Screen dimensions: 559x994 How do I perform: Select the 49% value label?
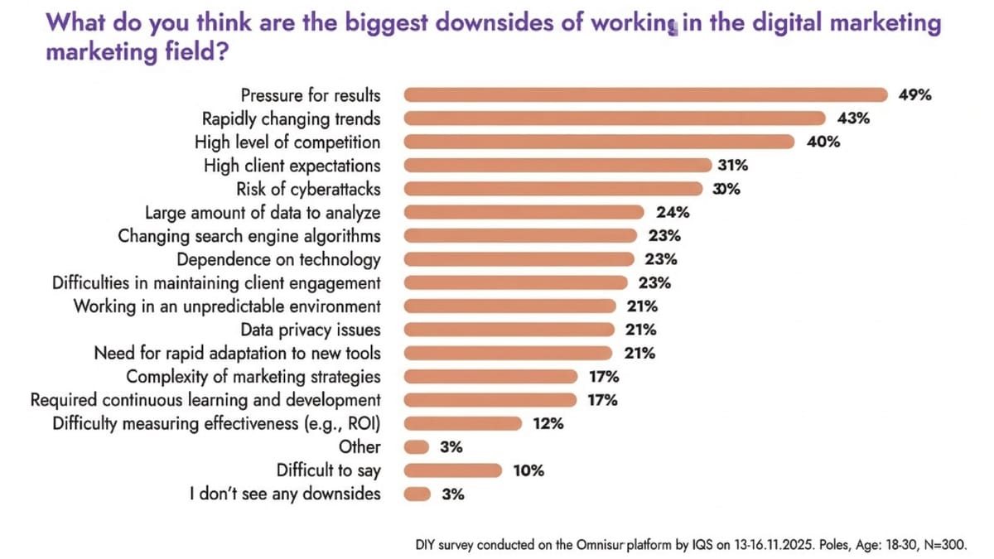[914, 94]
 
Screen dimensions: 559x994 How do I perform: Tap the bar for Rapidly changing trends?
[615, 118]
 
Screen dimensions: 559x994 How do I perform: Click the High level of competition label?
[287, 142]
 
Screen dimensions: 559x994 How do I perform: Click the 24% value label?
[673, 212]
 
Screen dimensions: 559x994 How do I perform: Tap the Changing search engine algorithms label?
[249, 235]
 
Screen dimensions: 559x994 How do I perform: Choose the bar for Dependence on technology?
[520, 259]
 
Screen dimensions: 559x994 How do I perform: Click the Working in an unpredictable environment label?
[227, 306]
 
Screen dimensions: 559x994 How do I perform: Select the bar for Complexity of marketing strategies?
[492, 377]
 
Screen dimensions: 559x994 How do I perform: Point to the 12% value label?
[548, 424]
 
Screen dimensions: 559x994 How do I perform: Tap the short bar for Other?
[417, 447]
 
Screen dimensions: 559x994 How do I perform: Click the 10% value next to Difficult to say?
[528, 470]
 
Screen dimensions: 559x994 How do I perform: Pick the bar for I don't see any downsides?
[417, 494]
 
